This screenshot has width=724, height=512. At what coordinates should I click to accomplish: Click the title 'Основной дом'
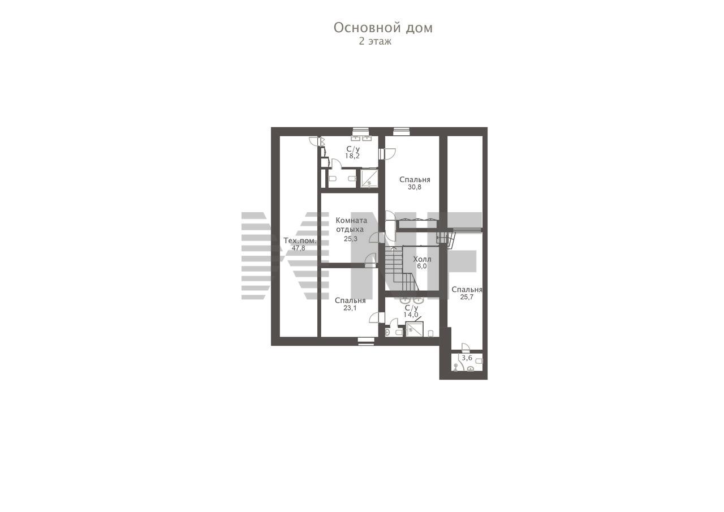click(383, 28)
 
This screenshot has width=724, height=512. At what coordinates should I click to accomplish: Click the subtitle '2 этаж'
click(375, 42)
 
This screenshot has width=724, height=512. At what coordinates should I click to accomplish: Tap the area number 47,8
click(298, 248)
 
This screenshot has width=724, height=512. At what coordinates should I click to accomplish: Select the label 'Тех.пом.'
click(300, 241)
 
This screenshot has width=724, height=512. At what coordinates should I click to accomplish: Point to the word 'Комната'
click(351, 221)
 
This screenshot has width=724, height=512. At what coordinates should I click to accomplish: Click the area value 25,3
click(350, 239)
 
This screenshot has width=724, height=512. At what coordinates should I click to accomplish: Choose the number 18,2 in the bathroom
click(352, 156)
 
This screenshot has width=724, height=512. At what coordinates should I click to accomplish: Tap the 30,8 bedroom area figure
click(415, 187)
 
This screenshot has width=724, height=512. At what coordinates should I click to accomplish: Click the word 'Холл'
click(422, 259)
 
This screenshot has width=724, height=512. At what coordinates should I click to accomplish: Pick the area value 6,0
click(422, 266)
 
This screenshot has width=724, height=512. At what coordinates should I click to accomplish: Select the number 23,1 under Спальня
click(350, 308)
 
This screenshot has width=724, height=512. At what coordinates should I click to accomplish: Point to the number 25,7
click(467, 297)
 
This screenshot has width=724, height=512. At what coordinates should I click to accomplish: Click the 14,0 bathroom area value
click(411, 315)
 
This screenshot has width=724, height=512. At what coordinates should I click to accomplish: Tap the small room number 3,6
click(467, 358)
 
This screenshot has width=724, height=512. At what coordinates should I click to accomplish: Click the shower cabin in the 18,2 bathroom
click(369, 178)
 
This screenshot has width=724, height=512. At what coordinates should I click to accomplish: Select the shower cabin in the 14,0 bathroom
click(415, 329)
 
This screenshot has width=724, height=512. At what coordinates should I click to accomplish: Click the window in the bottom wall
click(366, 341)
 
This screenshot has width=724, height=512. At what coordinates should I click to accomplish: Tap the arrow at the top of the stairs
click(393, 248)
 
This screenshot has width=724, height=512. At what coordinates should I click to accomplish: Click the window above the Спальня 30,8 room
click(402, 131)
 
